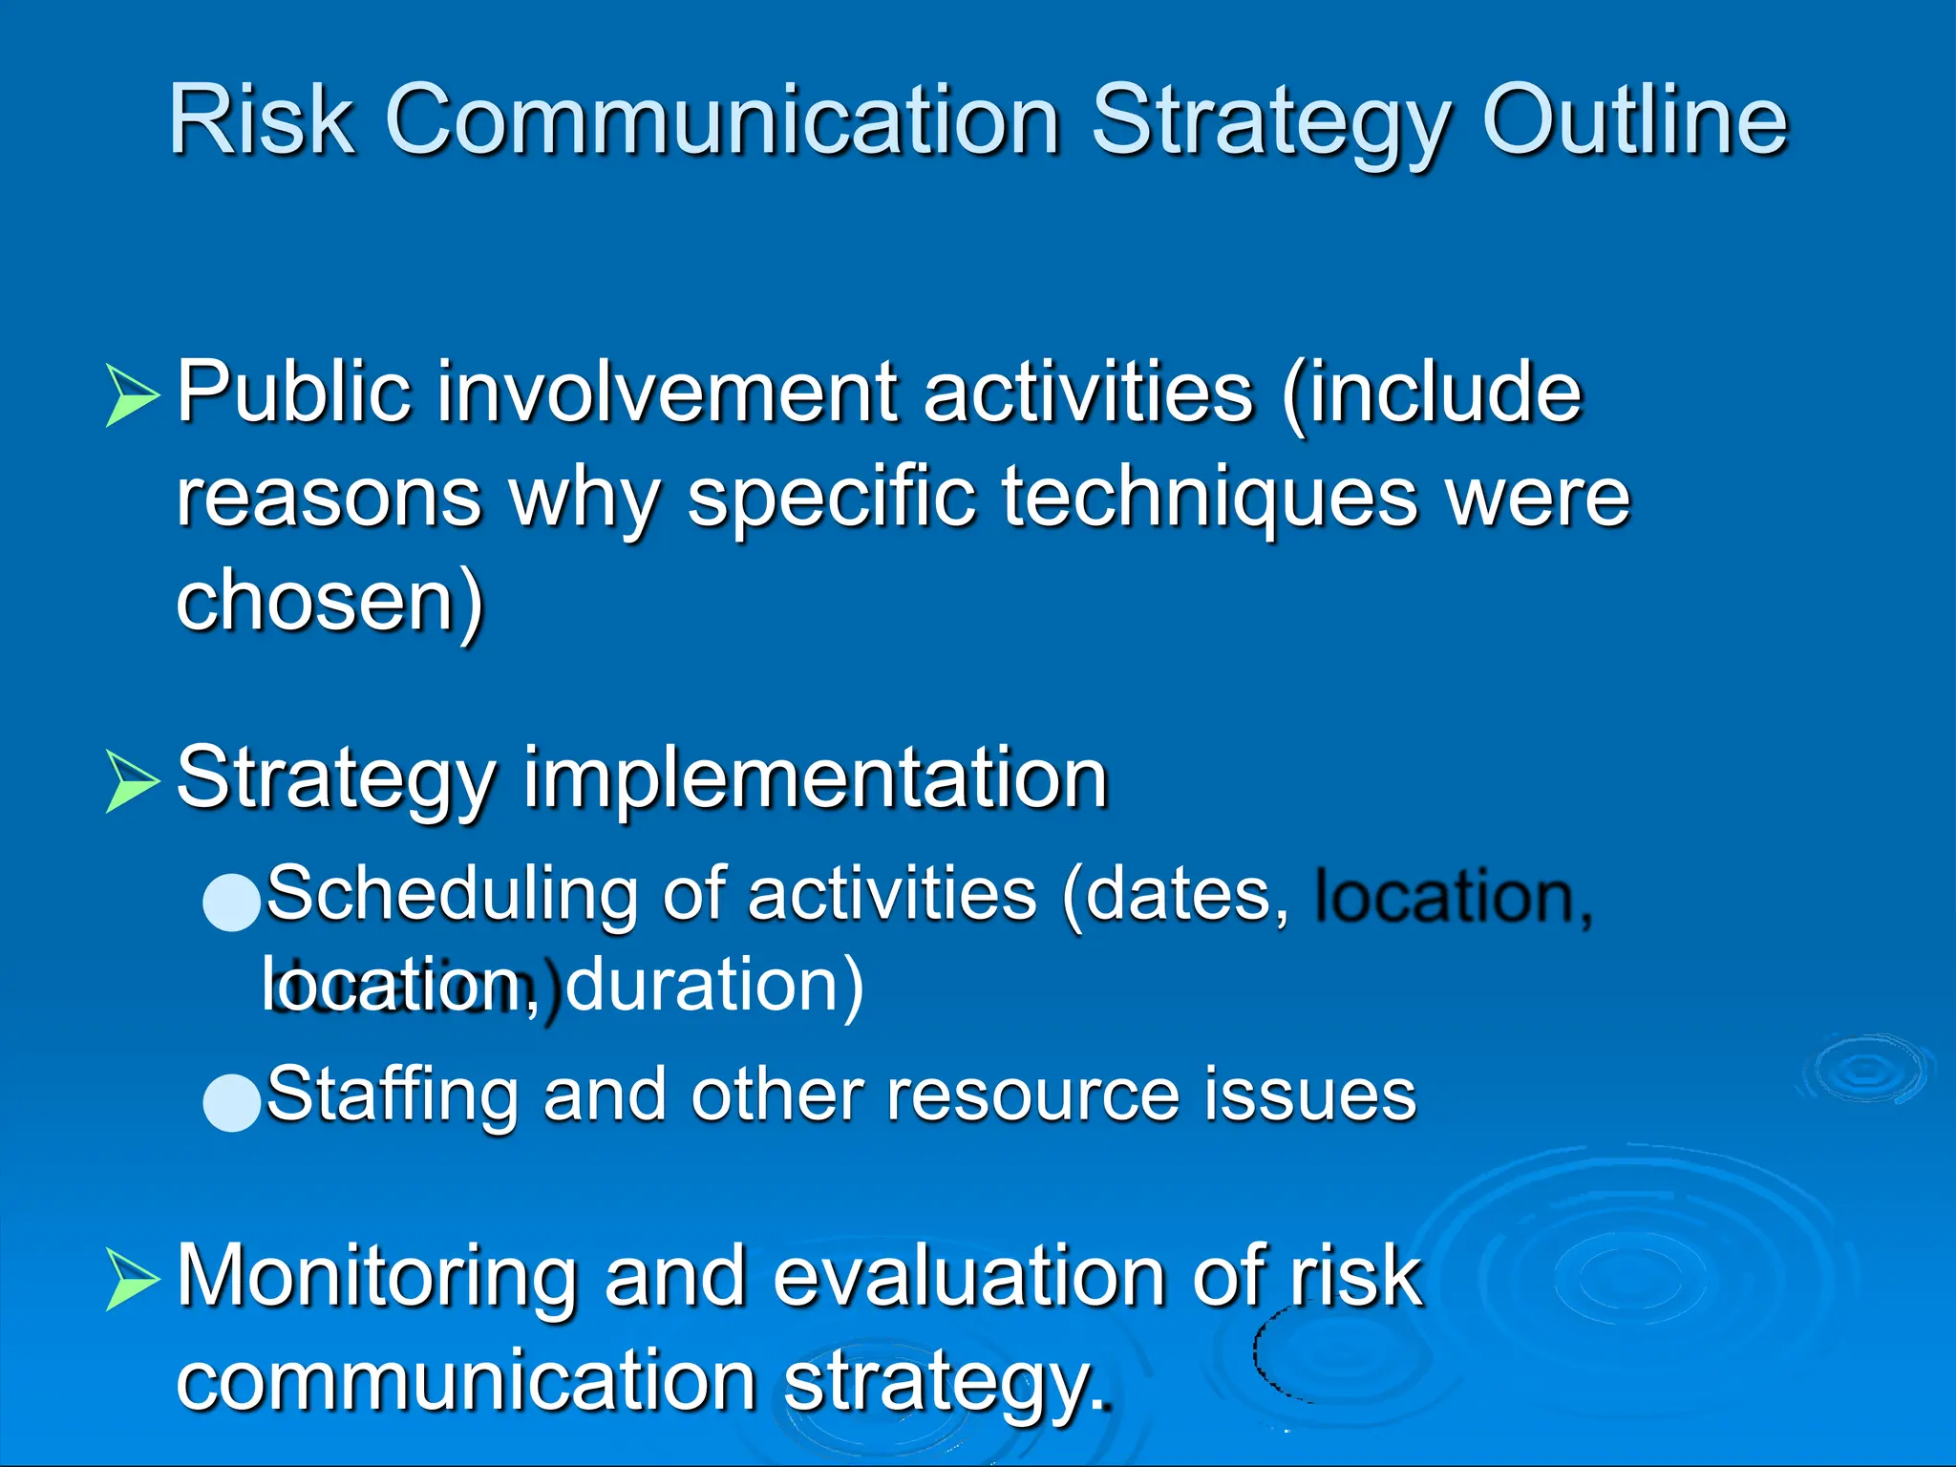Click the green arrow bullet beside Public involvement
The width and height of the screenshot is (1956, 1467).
[131, 394]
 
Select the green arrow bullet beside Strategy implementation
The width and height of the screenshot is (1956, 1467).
[131, 781]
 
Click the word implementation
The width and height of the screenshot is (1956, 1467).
[815, 779]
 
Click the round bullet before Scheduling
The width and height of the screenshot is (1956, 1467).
[232, 902]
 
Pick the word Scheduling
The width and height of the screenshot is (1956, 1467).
[451, 895]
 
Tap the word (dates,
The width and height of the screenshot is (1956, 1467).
[1176, 895]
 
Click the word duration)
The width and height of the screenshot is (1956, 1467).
[714, 985]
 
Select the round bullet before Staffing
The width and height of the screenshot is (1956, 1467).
[232, 1102]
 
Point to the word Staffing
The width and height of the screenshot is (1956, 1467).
[392, 1095]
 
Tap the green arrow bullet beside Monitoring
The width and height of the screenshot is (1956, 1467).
[131, 1279]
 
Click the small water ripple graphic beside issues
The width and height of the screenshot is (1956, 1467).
[1866, 1070]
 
